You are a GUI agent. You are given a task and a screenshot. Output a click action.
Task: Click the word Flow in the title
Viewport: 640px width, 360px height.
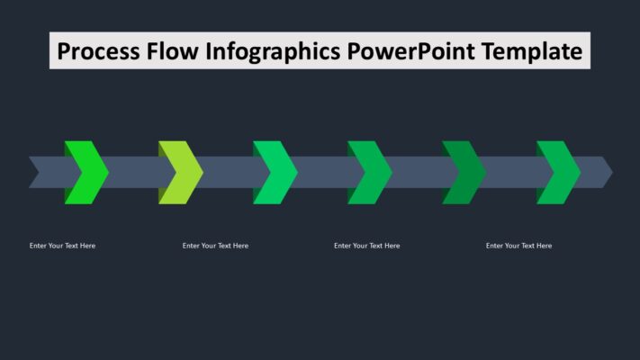click(x=173, y=51)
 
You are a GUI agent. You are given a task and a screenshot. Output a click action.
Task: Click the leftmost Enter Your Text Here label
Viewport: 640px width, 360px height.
click(x=62, y=246)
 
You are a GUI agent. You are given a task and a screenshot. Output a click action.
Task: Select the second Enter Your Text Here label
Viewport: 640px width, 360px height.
click(x=215, y=246)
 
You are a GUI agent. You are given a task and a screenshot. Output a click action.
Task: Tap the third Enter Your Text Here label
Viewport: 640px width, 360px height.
click(x=366, y=246)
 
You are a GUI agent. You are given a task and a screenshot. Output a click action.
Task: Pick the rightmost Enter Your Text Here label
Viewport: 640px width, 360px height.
click(x=518, y=246)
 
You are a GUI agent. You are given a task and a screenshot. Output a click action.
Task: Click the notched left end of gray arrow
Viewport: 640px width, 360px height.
click(x=36, y=172)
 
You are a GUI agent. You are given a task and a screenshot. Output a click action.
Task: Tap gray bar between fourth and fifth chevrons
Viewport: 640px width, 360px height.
click(x=419, y=172)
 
